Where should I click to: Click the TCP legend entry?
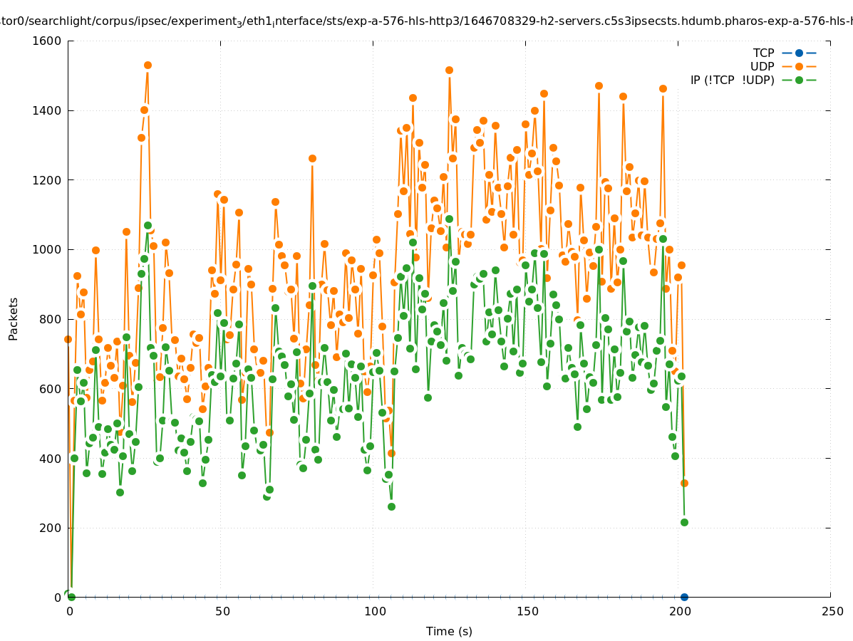(x=763, y=53)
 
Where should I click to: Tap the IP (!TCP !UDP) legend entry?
(x=732, y=80)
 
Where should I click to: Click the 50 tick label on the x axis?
(x=222, y=611)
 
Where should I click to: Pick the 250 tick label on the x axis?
(x=831, y=611)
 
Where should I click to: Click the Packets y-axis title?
(x=14, y=319)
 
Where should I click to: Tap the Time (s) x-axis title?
(x=449, y=631)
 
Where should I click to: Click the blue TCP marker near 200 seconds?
(x=684, y=597)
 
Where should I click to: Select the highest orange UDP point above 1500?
(x=148, y=65)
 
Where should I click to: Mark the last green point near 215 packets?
(x=684, y=522)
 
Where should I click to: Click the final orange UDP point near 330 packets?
(x=684, y=483)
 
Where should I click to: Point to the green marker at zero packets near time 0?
(x=71, y=597)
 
